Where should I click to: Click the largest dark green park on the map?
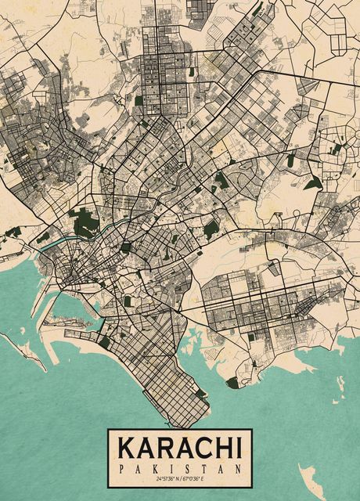85,224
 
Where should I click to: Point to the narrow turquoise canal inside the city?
49,243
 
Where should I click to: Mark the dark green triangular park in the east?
313,184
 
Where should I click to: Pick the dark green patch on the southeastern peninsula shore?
232,383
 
